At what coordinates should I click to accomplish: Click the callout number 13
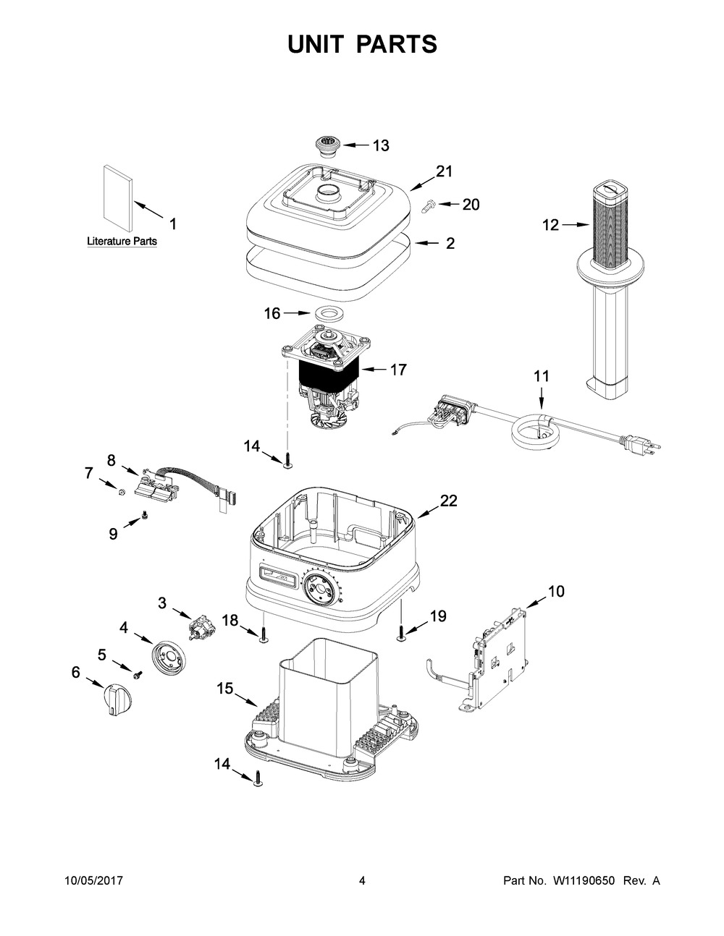point(381,145)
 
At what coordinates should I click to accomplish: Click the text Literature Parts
point(122,241)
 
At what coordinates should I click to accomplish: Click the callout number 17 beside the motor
point(398,370)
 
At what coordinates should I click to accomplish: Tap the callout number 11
point(541,376)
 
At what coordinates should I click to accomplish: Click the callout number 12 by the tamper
point(550,225)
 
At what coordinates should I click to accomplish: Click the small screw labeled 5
point(136,674)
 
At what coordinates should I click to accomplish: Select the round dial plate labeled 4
point(168,656)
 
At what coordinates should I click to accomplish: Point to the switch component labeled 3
point(199,626)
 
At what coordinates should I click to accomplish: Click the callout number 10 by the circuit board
point(556,592)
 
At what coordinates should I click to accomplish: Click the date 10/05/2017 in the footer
point(93,881)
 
